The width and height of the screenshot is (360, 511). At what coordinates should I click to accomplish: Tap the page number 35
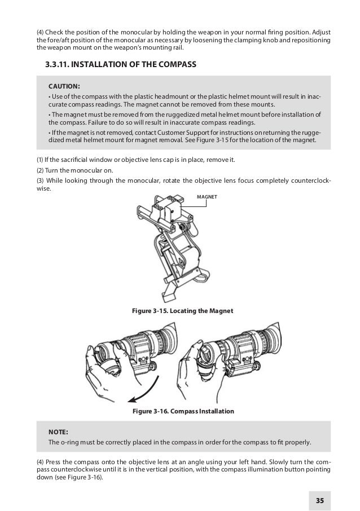pos(320,500)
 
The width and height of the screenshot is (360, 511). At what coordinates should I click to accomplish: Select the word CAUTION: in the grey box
pos(64,86)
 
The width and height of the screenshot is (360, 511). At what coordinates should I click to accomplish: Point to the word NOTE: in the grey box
pos(60,431)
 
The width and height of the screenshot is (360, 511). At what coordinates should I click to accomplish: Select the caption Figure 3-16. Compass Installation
pos(182,412)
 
